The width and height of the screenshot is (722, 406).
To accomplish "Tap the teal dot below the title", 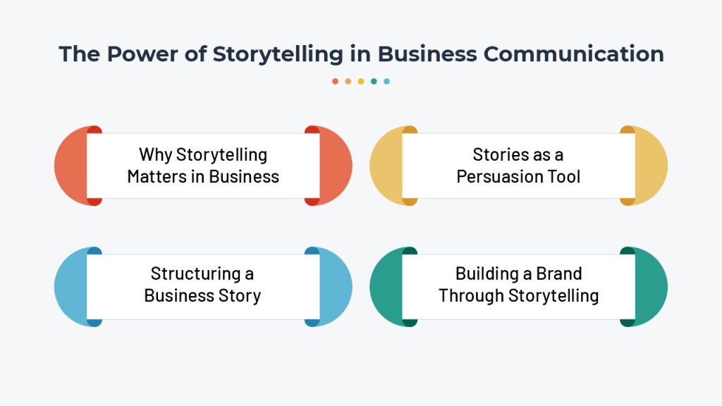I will (x=374, y=81).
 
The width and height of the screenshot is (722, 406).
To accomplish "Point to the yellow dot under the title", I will (x=361, y=81).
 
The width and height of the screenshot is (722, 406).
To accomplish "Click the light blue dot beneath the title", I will (x=387, y=81).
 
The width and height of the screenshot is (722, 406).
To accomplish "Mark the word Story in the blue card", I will (x=242, y=295).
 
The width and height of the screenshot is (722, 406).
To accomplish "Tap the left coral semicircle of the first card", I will (x=70, y=166).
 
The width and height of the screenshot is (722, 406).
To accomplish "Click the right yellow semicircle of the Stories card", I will (x=651, y=166).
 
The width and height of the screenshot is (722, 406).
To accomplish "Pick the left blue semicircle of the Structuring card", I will (x=70, y=286).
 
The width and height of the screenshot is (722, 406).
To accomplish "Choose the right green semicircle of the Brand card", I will (x=651, y=286).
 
